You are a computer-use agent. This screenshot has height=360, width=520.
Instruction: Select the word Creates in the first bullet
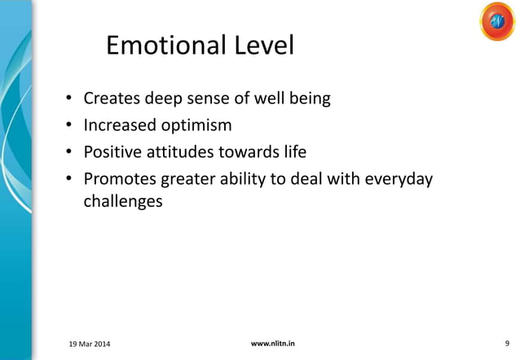coord(112,100)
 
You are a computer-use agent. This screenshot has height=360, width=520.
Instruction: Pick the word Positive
coord(114,151)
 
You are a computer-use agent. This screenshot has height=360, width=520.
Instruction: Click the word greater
coord(189,177)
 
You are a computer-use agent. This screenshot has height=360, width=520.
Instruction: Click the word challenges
coord(122,201)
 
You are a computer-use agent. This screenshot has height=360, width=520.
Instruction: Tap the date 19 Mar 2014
coord(86,345)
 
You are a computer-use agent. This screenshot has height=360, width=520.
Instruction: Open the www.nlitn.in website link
coord(273,344)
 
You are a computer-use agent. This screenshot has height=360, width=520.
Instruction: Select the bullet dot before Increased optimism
coord(70,126)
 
